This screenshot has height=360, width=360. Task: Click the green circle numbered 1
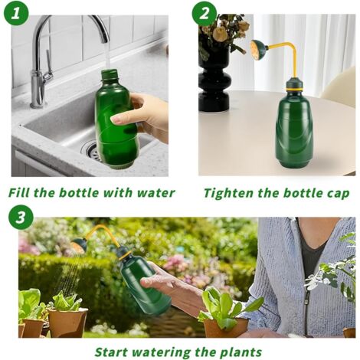(x=16, y=13)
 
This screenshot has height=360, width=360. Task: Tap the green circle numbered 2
(x=205, y=14)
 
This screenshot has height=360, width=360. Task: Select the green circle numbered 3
(x=21, y=218)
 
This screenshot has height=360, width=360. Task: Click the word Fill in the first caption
(x=19, y=192)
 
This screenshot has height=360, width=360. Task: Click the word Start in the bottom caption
(x=111, y=352)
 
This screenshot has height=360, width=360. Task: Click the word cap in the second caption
(x=338, y=194)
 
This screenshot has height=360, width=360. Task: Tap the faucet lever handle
(x=48, y=67)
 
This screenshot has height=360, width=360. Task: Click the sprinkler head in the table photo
(x=258, y=50)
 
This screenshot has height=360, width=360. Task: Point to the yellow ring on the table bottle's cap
(x=296, y=90)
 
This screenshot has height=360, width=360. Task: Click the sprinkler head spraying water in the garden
(x=79, y=245)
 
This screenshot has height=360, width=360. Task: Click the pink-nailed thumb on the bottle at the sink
(x=121, y=118)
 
